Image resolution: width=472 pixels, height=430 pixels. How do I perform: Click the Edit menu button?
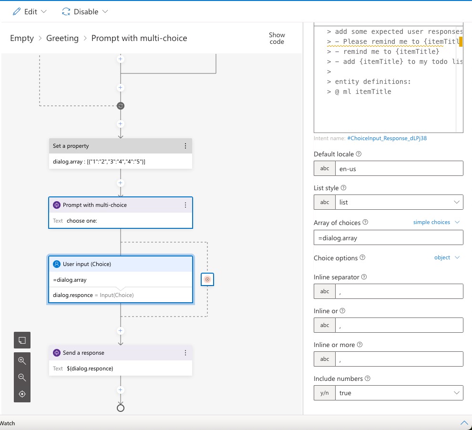coord(30,11)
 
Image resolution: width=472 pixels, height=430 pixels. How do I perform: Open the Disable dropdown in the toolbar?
coord(85,11)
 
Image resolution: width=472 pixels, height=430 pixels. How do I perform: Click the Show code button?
coord(277,38)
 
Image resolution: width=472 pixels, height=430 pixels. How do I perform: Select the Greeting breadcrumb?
coord(62,38)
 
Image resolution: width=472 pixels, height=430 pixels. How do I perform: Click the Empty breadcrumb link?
coord(22,38)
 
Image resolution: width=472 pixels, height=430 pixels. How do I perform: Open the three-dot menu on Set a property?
coord(185,146)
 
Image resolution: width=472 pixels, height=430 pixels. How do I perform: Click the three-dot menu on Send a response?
coord(185,353)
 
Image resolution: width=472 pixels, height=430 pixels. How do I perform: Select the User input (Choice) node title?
coord(87,264)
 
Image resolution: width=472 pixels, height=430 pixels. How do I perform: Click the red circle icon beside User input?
coord(207,279)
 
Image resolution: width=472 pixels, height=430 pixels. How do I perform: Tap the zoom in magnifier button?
coord(22,361)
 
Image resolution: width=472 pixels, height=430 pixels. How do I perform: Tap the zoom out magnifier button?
coord(22,378)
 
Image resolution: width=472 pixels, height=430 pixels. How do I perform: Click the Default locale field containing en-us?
coord(399,168)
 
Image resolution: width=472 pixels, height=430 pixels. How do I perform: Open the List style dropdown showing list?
coord(399,202)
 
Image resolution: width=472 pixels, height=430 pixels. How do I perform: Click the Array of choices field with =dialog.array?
coord(388,237)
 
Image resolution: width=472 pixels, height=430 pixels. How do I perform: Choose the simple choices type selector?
coord(436,222)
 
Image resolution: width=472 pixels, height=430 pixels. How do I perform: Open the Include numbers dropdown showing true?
coord(399,393)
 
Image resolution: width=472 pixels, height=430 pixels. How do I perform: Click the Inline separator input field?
coord(399,291)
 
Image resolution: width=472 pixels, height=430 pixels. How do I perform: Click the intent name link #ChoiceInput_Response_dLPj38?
coord(390,138)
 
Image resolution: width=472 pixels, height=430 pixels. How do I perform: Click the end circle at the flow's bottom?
coord(121,408)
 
